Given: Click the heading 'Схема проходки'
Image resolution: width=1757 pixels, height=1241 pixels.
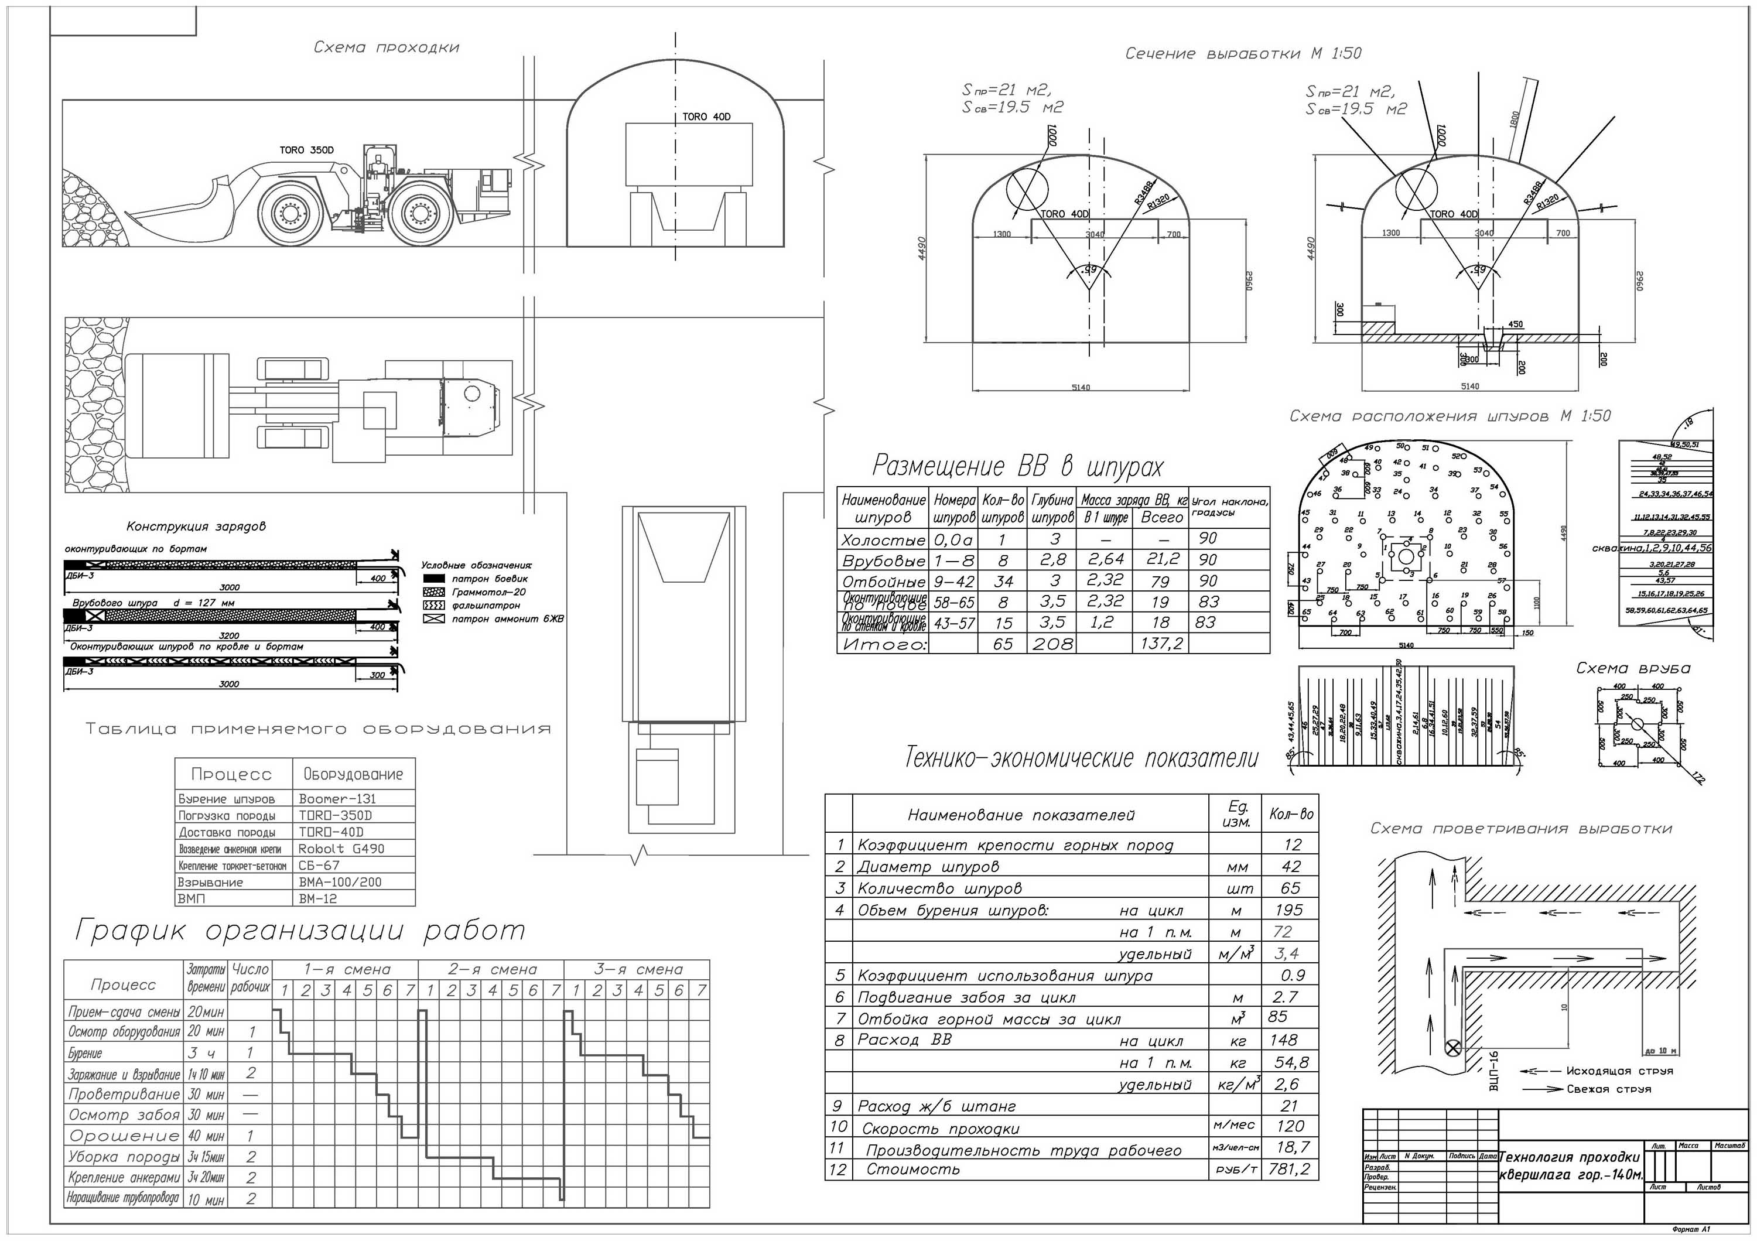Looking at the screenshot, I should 387,47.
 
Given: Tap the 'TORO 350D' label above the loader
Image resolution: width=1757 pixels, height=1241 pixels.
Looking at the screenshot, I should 306,150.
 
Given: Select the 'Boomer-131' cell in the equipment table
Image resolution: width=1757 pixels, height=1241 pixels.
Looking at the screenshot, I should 337,799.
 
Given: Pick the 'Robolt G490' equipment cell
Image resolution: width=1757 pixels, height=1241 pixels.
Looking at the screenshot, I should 341,849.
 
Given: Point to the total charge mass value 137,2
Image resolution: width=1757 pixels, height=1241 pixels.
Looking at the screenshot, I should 1161,644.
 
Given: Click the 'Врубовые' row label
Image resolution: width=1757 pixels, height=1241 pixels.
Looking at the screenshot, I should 883,560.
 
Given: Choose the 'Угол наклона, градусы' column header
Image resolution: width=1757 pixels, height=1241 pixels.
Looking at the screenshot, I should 1229,507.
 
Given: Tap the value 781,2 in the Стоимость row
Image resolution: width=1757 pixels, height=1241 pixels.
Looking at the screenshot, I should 1288,1169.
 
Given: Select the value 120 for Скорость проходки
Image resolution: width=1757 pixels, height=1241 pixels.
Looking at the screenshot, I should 1290,1126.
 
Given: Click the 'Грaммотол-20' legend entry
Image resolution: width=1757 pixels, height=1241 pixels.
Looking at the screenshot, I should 488,592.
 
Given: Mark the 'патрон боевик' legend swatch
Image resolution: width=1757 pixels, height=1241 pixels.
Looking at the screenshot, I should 434,579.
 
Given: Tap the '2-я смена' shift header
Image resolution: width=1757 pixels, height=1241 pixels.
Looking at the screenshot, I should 492,969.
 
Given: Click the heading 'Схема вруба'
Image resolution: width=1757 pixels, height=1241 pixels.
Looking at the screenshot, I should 1633,668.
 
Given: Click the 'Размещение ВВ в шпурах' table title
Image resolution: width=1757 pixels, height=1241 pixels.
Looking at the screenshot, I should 1018,466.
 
